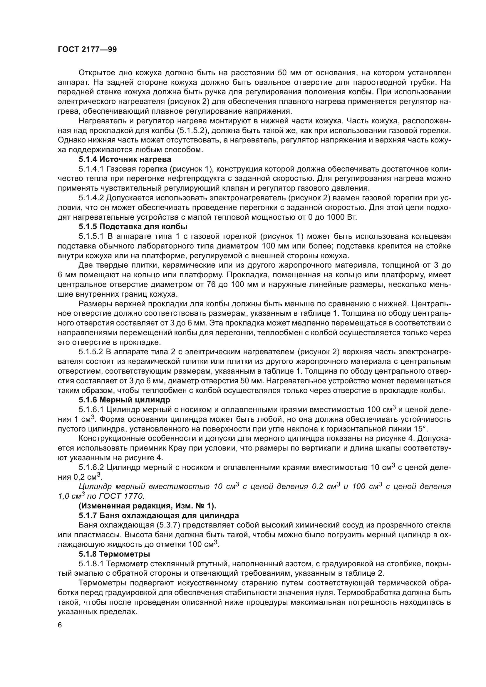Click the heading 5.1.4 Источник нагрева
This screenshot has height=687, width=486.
coord(125,159)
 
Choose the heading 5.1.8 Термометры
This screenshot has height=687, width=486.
coord(114,554)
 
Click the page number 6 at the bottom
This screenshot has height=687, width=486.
coord(60,625)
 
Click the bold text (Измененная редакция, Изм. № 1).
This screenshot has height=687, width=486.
coord(147,506)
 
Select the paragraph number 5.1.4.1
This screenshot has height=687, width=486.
coord(91,169)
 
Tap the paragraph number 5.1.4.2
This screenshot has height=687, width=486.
coord(91,198)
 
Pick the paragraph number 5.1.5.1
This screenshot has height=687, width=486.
coord(91,236)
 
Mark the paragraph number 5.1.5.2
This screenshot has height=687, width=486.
coord(91,352)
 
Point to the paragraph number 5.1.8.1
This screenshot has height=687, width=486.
coord(91,564)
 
